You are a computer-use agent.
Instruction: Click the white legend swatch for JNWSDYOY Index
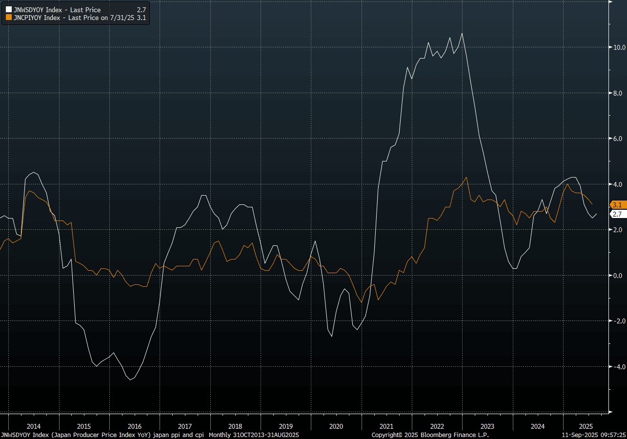(9, 10)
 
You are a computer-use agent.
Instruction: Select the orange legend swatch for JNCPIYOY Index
(9, 18)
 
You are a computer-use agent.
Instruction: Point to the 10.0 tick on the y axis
(619, 47)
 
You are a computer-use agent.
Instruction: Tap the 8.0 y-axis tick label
(617, 93)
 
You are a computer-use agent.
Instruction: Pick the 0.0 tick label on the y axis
(617, 276)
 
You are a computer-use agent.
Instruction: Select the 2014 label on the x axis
(34, 426)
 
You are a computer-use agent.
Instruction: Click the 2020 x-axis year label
(336, 426)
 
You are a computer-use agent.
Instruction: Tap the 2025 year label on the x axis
(586, 426)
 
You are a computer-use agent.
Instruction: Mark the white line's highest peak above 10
(462, 33)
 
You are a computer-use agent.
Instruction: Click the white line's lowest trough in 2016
(130, 379)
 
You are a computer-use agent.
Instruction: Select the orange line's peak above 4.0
(466, 178)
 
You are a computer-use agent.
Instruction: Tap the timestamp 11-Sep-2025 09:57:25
(594, 435)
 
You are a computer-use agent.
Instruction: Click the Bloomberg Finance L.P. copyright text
(430, 435)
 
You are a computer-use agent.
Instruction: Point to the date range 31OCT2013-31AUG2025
(265, 435)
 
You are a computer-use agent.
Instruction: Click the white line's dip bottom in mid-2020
(332, 336)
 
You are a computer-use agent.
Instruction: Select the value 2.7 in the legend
(142, 10)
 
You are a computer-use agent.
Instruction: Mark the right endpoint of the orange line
(592, 204)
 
